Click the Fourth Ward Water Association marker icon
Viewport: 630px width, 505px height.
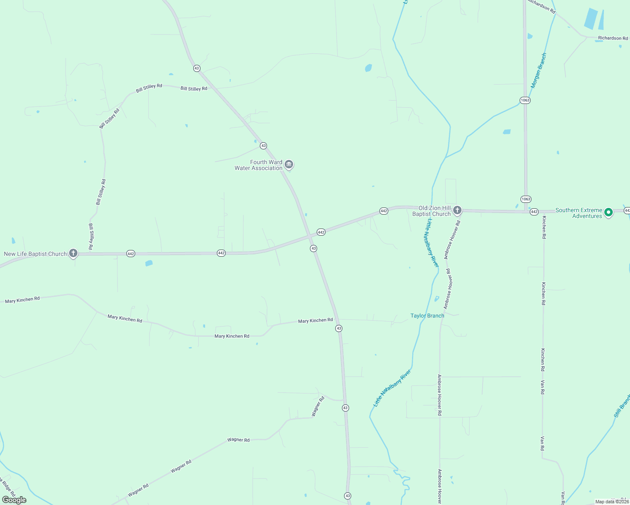(289, 164)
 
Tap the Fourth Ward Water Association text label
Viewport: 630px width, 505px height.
(259, 165)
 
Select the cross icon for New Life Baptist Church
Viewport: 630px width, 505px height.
(73, 253)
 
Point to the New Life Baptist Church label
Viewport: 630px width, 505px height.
(35, 254)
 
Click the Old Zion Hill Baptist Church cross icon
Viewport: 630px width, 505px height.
(457, 210)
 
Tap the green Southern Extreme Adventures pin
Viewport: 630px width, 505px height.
(608, 213)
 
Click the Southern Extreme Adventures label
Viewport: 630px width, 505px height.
(579, 213)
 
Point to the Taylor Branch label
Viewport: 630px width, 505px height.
(427, 316)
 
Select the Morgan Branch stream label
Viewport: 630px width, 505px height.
(539, 70)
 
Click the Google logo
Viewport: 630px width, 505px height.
(14, 500)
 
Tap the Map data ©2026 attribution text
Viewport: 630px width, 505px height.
(612, 502)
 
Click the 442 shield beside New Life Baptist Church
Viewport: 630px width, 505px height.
(131, 254)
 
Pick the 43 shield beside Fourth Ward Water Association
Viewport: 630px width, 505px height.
(263, 146)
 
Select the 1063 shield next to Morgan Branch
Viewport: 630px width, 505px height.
(525, 100)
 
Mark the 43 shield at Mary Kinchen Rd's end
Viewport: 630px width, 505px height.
(339, 328)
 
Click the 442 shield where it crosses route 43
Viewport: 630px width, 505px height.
(321, 232)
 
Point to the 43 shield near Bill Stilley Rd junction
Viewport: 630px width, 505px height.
(197, 68)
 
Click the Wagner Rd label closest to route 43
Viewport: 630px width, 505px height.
(318, 407)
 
